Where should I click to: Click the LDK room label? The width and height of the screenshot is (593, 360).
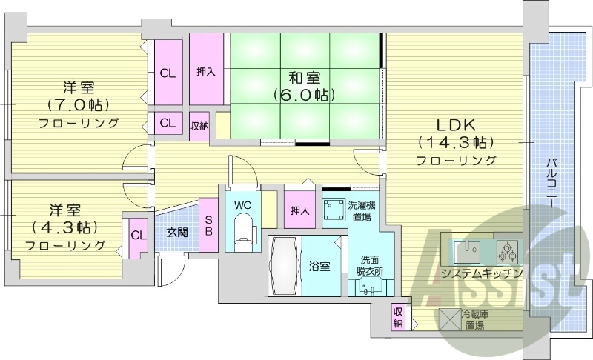click(455, 124)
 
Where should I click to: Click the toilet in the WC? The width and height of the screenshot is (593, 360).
click(242, 228)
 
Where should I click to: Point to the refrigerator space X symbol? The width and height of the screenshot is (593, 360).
click(449, 319)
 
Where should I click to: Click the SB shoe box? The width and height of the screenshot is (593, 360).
click(209, 225)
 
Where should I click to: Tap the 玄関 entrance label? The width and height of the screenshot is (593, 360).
click(176, 232)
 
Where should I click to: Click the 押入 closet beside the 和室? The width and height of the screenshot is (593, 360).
click(206, 72)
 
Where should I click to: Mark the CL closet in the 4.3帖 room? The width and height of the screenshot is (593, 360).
click(138, 236)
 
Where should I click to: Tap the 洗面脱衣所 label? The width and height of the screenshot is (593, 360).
click(368, 266)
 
